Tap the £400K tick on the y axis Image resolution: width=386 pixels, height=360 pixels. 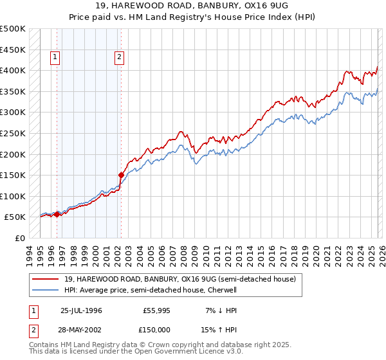(13, 70)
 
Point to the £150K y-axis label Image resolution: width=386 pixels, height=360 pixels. (13, 175)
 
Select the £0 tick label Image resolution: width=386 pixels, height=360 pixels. (21, 238)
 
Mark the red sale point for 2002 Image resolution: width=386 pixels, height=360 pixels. (120, 175)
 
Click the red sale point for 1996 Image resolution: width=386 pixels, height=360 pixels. (57, 215)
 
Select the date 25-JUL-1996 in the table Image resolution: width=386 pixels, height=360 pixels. (81, 310)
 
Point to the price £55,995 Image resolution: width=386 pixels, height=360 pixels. (157, 310)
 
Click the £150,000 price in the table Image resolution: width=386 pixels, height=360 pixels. (157, 329)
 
